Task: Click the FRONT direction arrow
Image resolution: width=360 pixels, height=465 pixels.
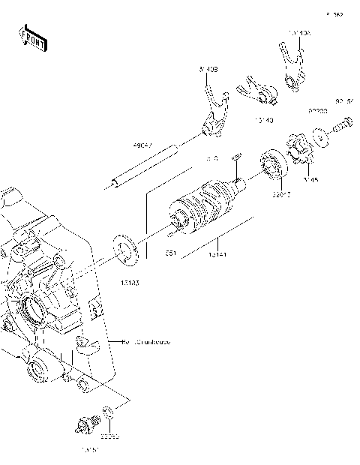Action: point(33,37)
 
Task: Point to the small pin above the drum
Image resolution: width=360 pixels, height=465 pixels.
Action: point(235,155)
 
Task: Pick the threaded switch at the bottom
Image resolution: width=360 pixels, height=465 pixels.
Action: point(86,425)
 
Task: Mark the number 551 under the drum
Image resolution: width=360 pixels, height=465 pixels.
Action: point(172,253)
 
